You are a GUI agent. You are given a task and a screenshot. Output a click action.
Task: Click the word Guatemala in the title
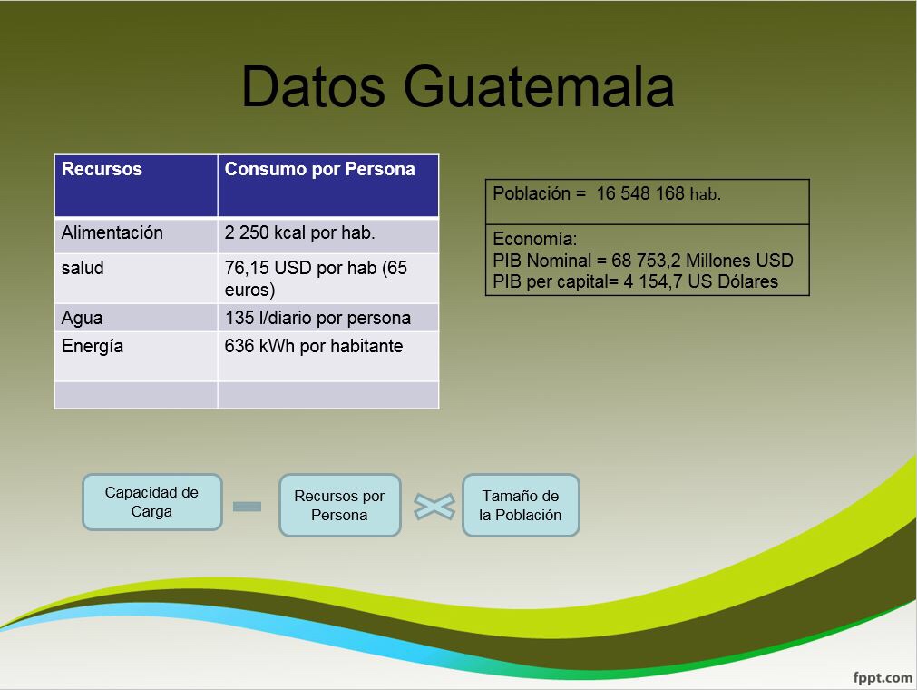pyautogui.click(x=539, y=86)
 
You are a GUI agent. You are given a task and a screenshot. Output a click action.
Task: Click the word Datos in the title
pyautogui.click(x=313, y=86)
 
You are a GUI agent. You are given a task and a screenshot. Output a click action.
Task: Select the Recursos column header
pyautogui.click(x=136, y=185)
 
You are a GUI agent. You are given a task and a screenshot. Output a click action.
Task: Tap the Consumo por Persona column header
pyautogui.click(x=328, y=185)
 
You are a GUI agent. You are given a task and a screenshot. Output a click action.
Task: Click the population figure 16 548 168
pyautogui.click(x=639, y=193)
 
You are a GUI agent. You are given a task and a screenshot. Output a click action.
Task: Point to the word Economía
pyautogui.click(x=534, y=239)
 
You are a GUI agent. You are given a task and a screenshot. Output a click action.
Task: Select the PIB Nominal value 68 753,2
pyautogui.click(x=646, y=261)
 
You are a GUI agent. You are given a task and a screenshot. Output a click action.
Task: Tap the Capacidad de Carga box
pyautogui.click(x=152, y=502)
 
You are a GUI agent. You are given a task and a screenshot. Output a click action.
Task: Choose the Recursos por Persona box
pyautogui.click(x=340, y=505)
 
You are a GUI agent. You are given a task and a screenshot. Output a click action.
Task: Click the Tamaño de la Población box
pyautogui.click(x=521, y=505)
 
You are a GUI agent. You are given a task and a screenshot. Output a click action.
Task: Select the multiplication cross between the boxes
pyautogui.click(x=434, y=507)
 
